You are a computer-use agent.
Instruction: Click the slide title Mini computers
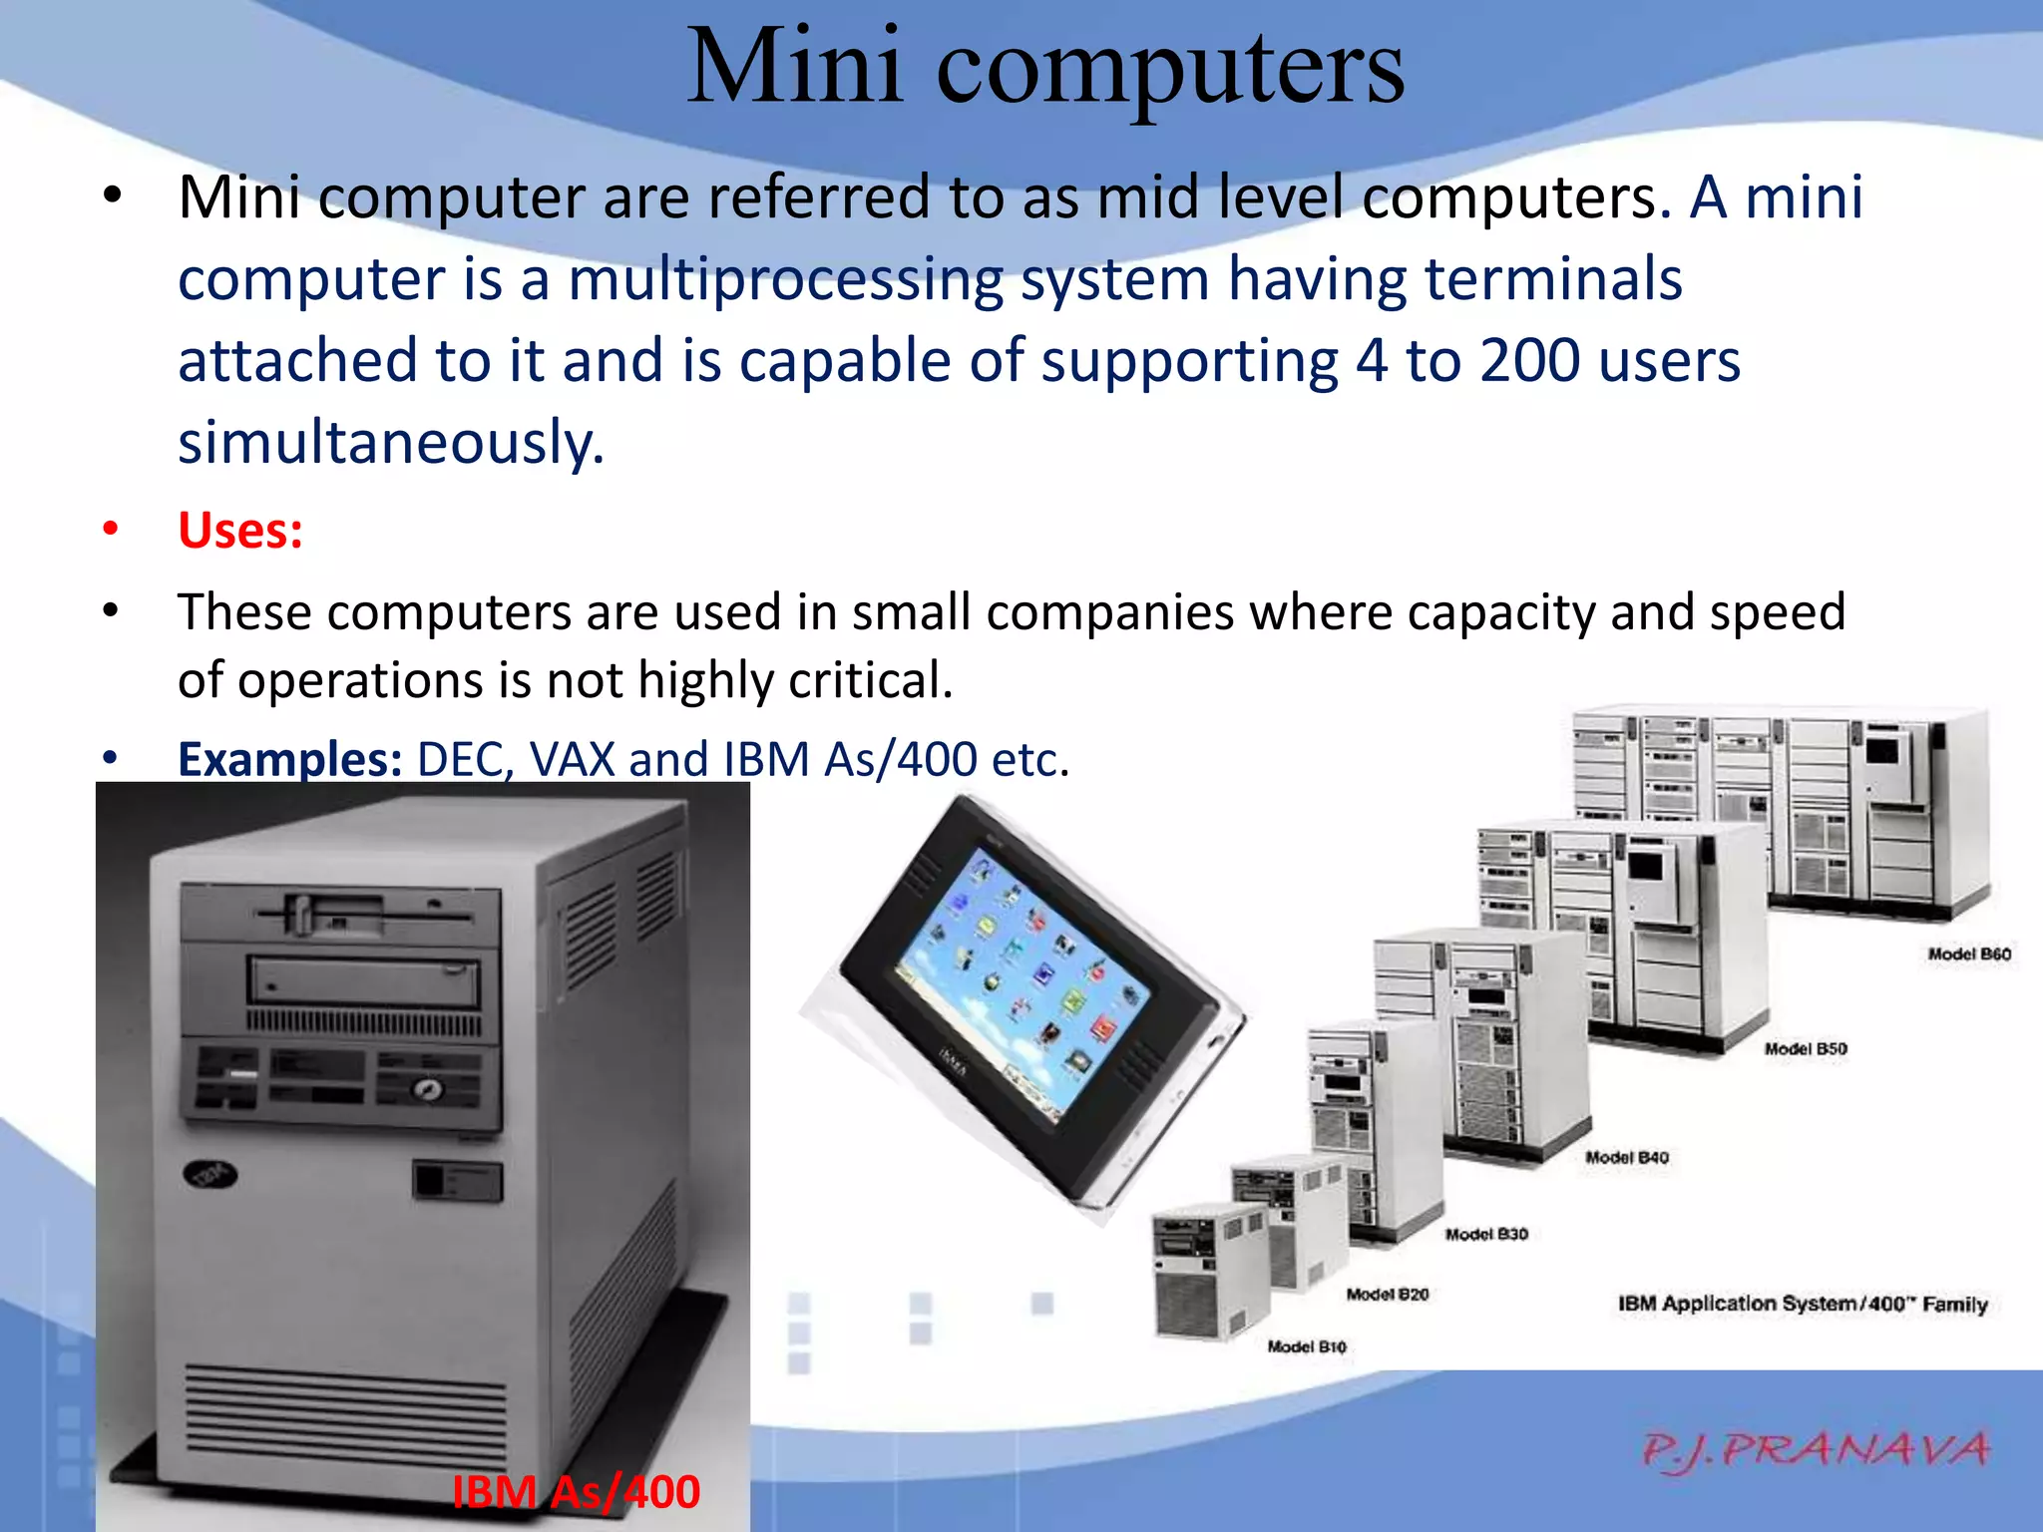(1044, 68)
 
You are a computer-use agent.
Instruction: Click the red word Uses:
(240, 531)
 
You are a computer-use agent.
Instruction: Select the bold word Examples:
(289, 760)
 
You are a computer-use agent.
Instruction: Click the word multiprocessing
(785, 280)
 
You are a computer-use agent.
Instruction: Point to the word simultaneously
(390, 444)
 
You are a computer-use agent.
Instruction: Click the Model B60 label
(1968, 955)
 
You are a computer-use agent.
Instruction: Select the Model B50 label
(1806, 1049)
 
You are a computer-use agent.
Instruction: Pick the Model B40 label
(1626, 1158)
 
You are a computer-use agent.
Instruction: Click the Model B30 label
(1486, 1235)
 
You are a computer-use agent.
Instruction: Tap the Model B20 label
(1387, 1295)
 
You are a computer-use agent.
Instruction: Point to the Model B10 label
(1307, 1347)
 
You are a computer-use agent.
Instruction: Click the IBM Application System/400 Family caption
(1803, 1305)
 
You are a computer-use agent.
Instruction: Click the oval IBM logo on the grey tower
(210, 1176)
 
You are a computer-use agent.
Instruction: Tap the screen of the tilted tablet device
(1022, 987)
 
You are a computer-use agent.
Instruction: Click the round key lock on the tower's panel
(429, 1090)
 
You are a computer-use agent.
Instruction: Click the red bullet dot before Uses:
(111, 529)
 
